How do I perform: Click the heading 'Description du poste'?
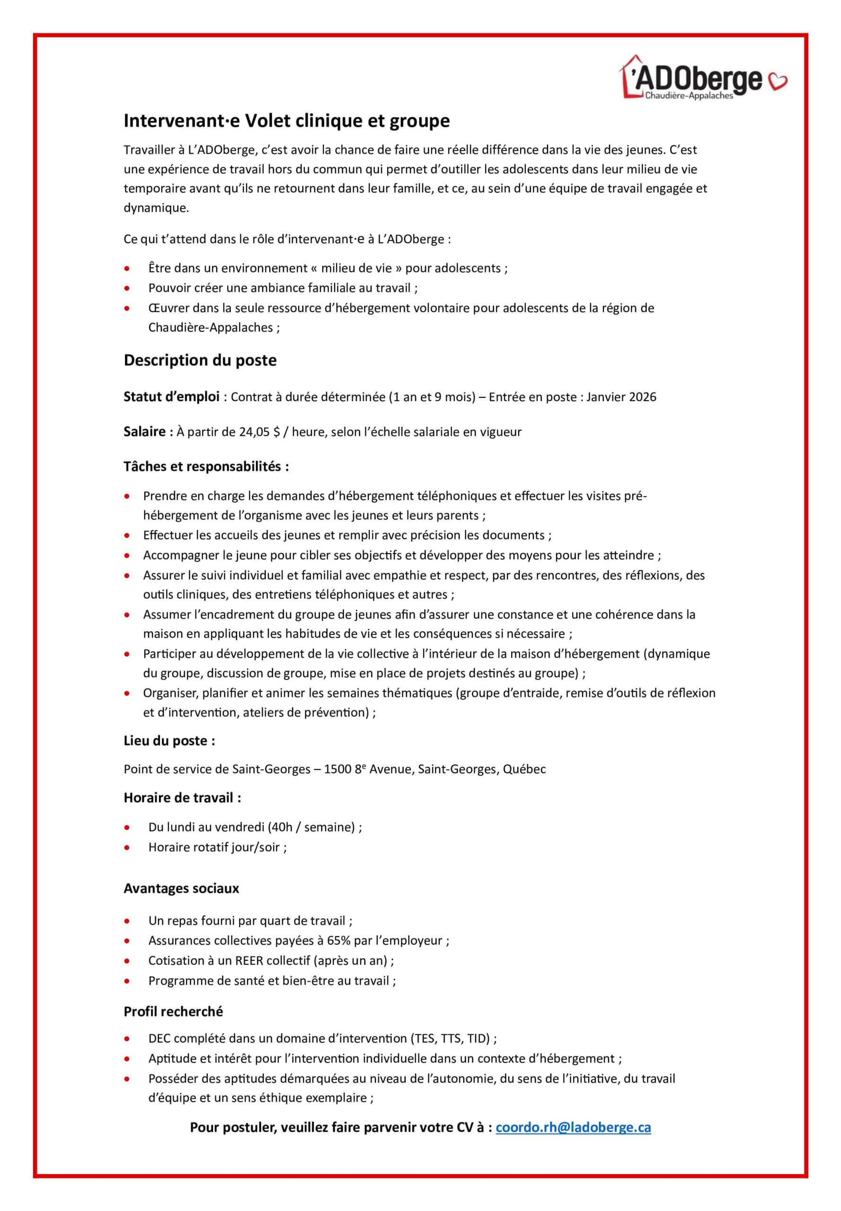tap(200, 360)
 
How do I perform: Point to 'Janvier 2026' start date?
tap(621, 397)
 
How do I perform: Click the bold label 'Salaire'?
tap(144, 432)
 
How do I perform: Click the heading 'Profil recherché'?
tap(173, 1011)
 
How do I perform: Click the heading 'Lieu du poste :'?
tap(169, 741)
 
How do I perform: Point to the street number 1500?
tap(337, 770)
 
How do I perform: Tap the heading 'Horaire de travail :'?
tap(182, 798)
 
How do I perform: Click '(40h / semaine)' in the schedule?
tap(311, 827)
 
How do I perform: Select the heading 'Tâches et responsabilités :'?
tap(206, 467)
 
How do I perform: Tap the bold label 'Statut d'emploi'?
tap(171, 397)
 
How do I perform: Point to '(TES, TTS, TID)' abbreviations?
tap(450, 1039)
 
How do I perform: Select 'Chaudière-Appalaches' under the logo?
tap(689, 97)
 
